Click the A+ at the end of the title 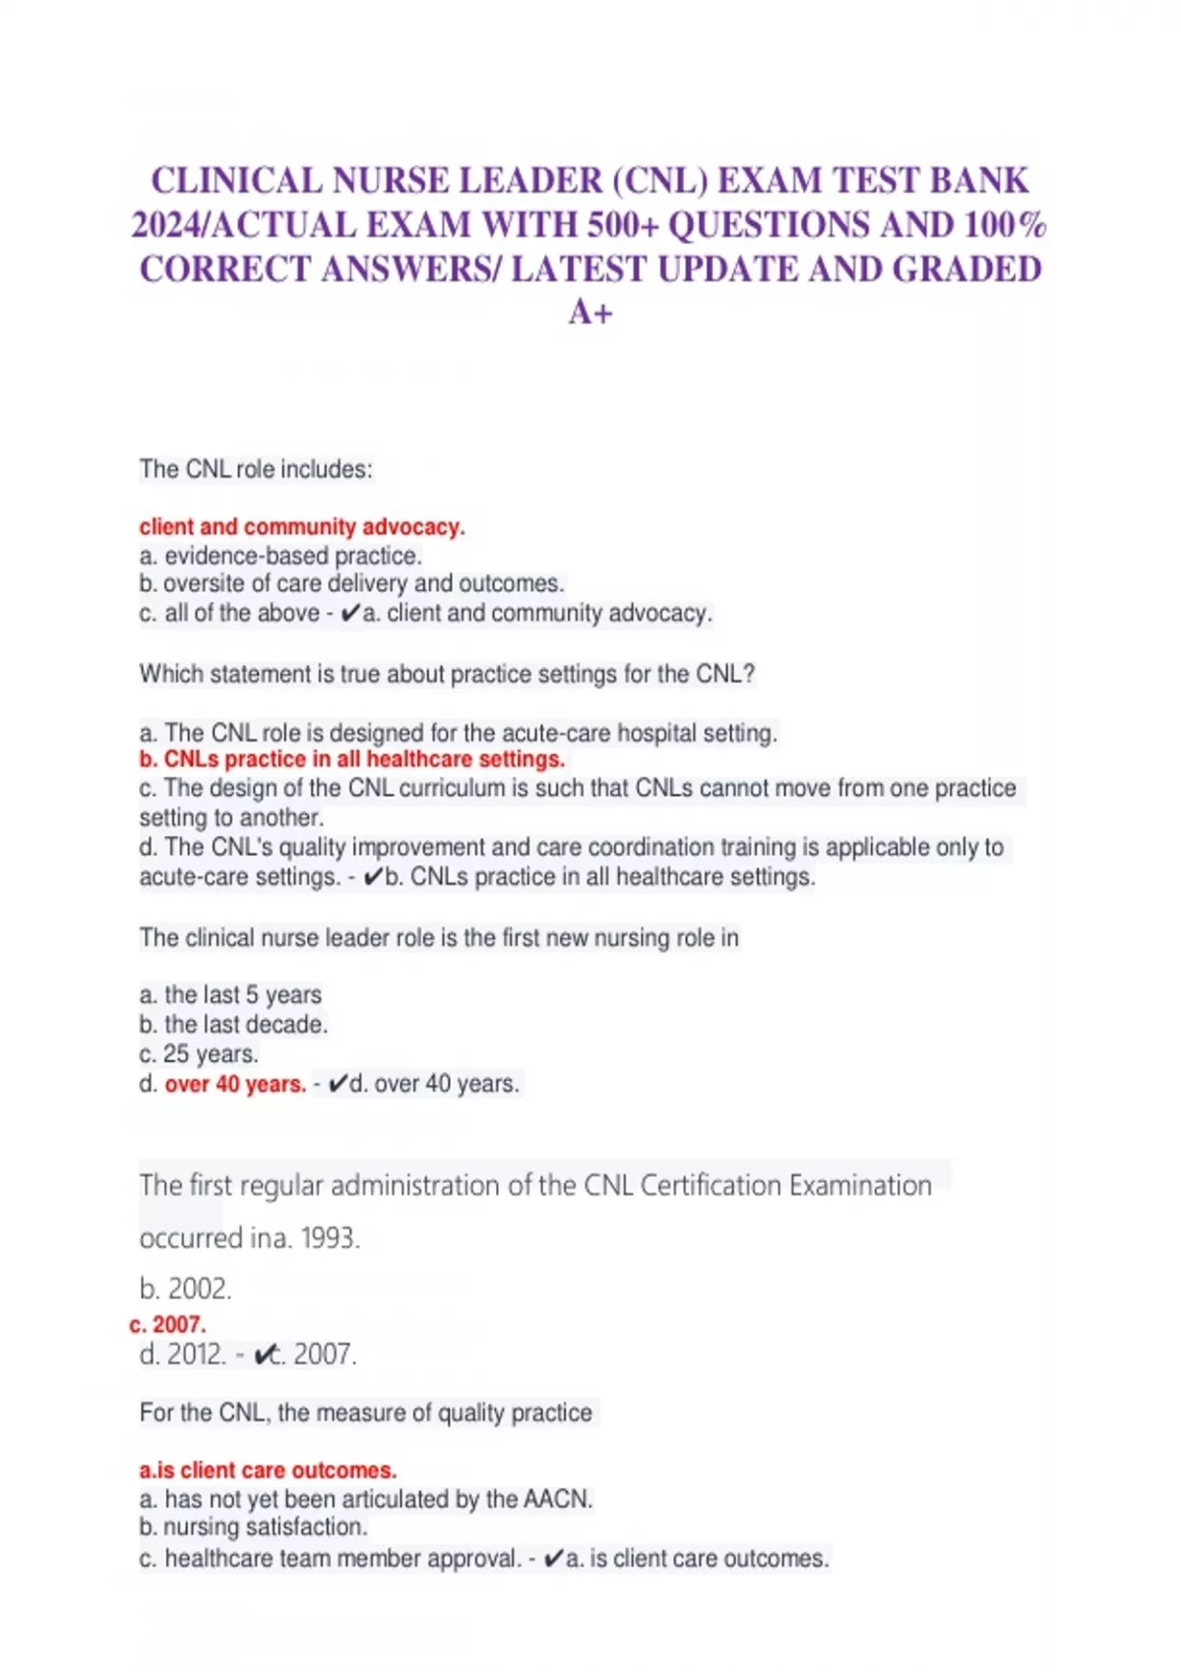pyautogui.click(x=590, y=313)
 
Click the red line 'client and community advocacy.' pyautogui.click(x=302, y=527)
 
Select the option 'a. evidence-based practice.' pyautogui.click(x=280, y=556)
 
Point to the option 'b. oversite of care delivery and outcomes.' pyautogui.click(x=351, y=583)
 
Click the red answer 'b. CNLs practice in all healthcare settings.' pyautogui.click(x=351, y=759)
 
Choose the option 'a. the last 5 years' pyautogui.click(x=230, y=995)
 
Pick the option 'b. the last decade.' pyautogui.click(x=233, y=1025)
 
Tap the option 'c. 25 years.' pyautogui.click(x=199, y=1054)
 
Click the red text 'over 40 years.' pyautogui.click(x=235, y=1084)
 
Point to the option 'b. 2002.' pyautogui.click(x=186, y=1288)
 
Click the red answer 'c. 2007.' pyautogui.click(x=167, y=1325)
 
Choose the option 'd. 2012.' pyautogui.click(x=183, y=1355)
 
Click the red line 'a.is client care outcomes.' pyautogui.click(x=268, y=1470)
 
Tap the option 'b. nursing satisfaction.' pyautogui.click(x=253, y=1527)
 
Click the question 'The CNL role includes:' pyautogui.click(x=256, y=469)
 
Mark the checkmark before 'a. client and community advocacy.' pyautogui.click(x=350, y=614)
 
